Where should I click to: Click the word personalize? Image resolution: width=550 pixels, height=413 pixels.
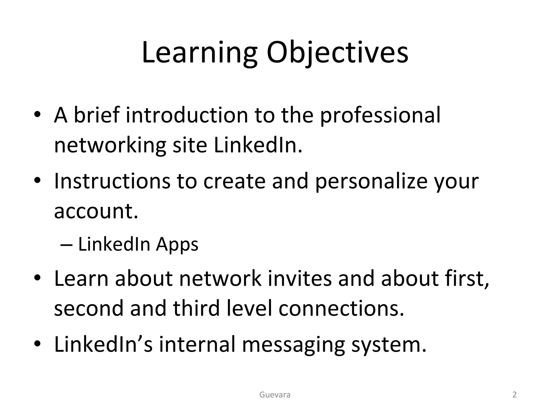(371, 181)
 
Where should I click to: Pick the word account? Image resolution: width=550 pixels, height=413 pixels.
(96, 211)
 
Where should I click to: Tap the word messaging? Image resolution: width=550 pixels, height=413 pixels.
(294, 345)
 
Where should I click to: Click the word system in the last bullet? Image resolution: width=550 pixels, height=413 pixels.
(389, 345)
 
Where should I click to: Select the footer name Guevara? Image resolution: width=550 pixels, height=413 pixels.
(275, 395)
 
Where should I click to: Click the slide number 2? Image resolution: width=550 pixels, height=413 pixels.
(515, 395)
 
